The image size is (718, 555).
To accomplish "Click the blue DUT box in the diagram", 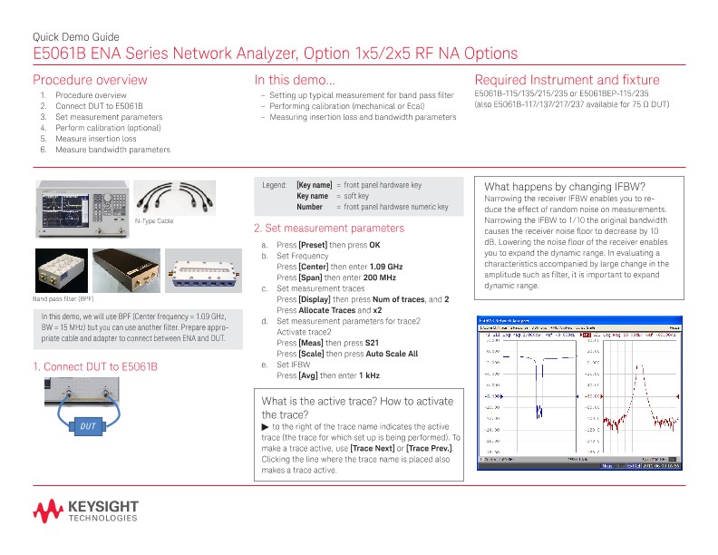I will pyautogui.click(x=88, y=425).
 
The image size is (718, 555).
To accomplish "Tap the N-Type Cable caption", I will pyautogui.click(x=153, y=220).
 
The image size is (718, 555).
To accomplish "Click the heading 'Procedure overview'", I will pyautogui.click(x=89, y=80).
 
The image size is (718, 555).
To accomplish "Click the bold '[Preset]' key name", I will pyautogui.click(x=313, y=245).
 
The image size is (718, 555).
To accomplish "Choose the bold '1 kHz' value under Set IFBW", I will pyautogui.click(x=367, y=375).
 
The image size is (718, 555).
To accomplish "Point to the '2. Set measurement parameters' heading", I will pyautogui.click(x=329, y=228).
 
